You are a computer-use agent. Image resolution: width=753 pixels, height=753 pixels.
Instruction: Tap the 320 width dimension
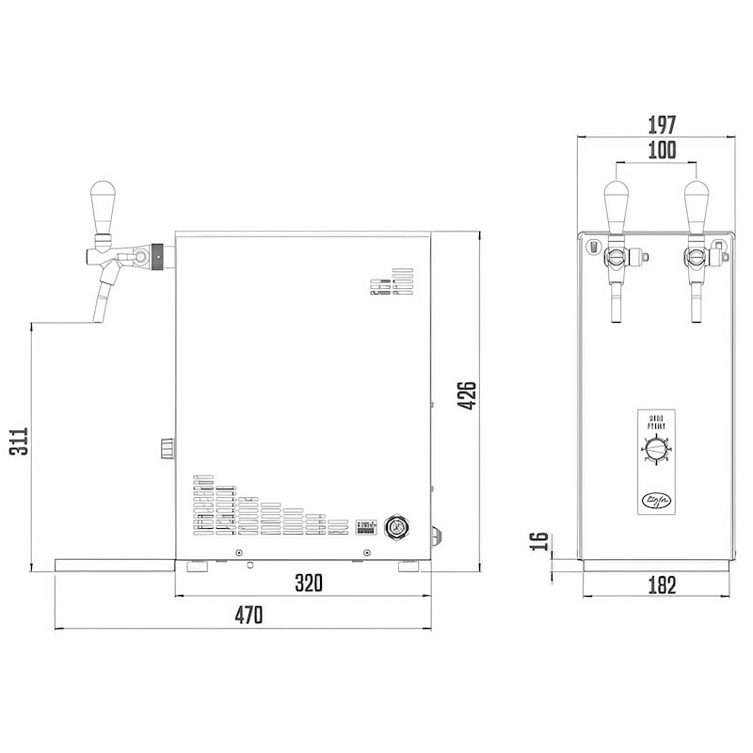click(308, 584)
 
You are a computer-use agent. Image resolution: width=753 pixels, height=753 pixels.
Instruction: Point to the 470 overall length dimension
click(248, 616)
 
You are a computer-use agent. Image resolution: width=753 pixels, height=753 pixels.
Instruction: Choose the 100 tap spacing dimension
click(662, 150)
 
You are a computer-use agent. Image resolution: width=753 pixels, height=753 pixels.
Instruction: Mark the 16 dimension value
click(538, 541)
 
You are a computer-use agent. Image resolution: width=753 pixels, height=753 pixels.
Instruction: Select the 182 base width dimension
click(662, 585)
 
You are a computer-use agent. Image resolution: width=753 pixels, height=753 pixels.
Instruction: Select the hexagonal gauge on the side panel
click(396, 525)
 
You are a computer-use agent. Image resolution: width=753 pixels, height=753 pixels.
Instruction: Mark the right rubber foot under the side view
click(409, 567)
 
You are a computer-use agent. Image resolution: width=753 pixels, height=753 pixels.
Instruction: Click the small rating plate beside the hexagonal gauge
click(366, 525)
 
